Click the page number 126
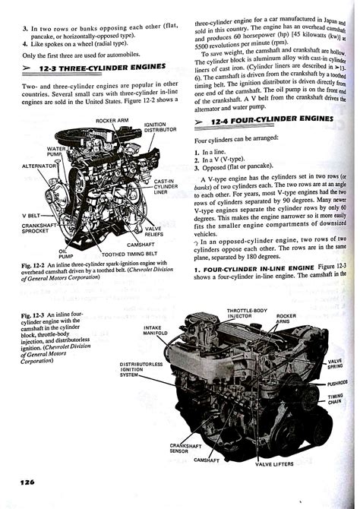point(21,480)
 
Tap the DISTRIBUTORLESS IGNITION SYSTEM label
point(141,368)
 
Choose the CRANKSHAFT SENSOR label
point(182,448)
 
